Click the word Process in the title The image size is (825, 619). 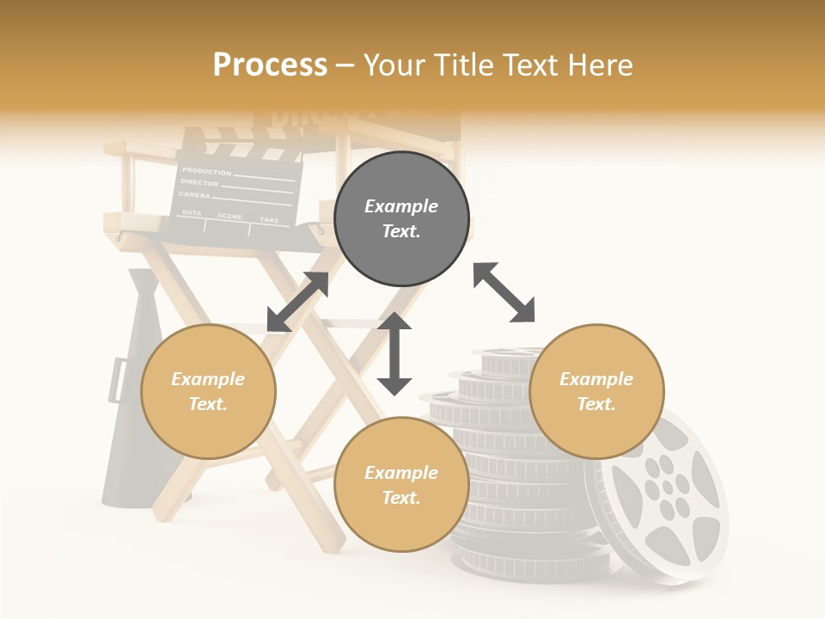(x=270, y=65)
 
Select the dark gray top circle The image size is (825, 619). (x=401, y=219)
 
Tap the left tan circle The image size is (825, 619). (x=208, y=391)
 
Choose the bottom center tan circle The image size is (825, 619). (x=401, y=485)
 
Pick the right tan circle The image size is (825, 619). (x=596, y=391)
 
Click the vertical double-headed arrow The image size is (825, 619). (x=394, y=353)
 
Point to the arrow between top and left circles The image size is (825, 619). (x=297, y=302)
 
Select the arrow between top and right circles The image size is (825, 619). (x=504, y=292)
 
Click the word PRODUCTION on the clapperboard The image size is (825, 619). (x=206, y=172)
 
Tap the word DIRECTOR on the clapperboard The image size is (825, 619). (x=200, y=184)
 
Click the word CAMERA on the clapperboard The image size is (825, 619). (x=195, y=196)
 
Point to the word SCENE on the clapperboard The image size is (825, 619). (x=229, y=216)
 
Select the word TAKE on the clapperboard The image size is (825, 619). (x=269, y=220)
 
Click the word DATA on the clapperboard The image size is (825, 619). (x=192, y=212)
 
